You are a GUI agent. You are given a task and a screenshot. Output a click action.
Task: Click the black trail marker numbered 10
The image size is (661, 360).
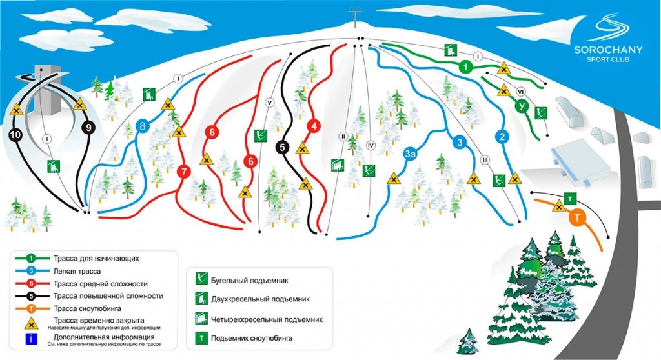tap(15, 135)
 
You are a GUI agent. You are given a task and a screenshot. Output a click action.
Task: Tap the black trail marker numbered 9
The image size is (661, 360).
tap(88, 127)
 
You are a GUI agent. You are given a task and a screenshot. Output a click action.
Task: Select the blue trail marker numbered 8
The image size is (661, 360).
tap(143, 126)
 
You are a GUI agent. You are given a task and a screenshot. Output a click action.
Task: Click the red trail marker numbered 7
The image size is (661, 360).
tap(183, 172)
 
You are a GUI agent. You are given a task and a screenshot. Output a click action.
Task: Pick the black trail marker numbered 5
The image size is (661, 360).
tap(282, 147)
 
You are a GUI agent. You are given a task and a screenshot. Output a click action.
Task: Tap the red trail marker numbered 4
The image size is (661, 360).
tap(314, 126)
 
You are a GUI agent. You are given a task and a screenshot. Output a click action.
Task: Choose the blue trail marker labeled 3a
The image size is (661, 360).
tap(410, 154)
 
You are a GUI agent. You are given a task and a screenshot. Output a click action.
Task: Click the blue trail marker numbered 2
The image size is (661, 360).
tap(502, 137)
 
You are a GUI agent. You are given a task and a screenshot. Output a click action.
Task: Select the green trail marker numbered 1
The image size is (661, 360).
tap(465, 67)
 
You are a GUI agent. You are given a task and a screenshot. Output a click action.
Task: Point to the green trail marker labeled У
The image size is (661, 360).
tap(522, 106)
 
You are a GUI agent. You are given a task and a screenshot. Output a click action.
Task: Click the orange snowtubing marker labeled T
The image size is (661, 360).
tap(578, 218)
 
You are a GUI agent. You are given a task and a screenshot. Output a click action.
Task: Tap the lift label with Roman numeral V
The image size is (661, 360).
tap(270, 103)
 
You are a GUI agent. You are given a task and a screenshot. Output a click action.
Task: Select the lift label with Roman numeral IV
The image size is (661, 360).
tap(371, 146)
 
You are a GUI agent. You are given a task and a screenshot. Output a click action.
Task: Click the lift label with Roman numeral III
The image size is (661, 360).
tap(485, 160)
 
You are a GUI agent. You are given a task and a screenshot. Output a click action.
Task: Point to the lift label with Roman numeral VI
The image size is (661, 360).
tap(521, 92)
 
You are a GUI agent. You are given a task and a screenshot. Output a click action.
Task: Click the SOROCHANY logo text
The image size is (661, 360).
tap(608, 50)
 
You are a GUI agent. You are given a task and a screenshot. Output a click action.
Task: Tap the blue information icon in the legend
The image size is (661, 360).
tap(31, 339)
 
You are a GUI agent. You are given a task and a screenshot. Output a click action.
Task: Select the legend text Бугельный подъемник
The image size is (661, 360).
tap(250, 281)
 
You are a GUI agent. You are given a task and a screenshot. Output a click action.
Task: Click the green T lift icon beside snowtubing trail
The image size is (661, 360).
tap(570, 199)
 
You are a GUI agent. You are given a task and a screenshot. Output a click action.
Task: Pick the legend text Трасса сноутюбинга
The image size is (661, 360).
tap(87, 308)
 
